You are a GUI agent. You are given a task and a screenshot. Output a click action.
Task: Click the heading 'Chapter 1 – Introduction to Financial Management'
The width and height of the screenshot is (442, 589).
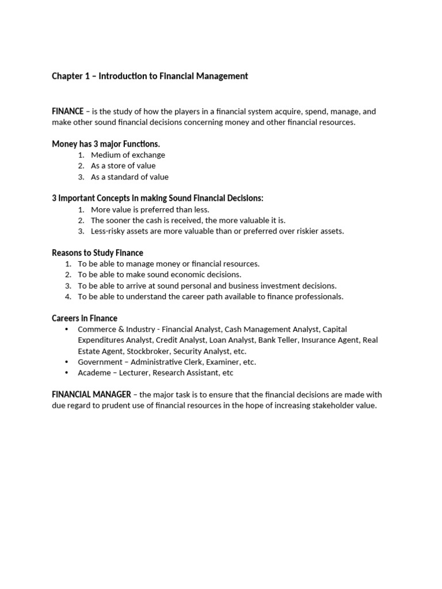pos(150,76)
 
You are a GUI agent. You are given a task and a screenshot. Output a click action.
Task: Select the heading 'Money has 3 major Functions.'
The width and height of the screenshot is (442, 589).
pos(106,144)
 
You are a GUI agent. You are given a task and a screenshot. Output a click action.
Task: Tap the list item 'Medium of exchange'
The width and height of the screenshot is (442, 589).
pos(128,155)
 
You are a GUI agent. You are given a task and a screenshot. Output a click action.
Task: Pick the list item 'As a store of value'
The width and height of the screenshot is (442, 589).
pos(123,166)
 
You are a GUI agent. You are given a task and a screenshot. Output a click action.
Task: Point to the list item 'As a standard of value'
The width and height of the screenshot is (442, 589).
pos(129,177)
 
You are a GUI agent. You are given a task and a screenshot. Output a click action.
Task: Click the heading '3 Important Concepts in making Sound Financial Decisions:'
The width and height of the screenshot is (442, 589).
pos(157,198)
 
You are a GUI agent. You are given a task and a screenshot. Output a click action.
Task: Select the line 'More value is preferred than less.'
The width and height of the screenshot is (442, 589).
pos(150,209)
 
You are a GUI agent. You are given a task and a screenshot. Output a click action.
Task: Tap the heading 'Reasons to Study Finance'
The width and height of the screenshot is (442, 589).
pos(97,253)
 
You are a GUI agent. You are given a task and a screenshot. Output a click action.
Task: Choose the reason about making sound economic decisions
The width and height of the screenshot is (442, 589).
pos(159,274)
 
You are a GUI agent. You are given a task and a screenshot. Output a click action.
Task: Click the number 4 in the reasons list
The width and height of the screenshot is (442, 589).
pos(68,297)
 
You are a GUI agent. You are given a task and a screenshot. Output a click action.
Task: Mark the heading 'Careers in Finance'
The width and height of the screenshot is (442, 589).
pos(85,318)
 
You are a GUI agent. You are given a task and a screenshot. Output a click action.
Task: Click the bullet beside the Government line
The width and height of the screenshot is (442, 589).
pos(66,362)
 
